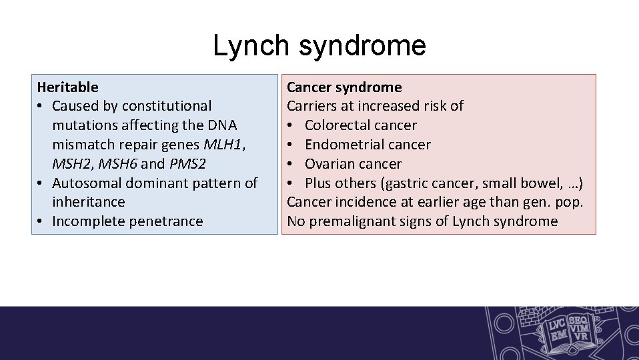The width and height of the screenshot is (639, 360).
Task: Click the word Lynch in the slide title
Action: coord(251,46)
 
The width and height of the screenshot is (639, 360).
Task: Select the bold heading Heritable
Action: coord(67,87)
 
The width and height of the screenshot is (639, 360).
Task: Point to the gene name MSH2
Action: coord(70,163)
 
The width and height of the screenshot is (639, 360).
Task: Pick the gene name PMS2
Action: coord(187,163)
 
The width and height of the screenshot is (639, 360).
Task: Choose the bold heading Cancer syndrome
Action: coord(344,87)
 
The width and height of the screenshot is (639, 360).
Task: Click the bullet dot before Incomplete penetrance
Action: coord(41,221)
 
